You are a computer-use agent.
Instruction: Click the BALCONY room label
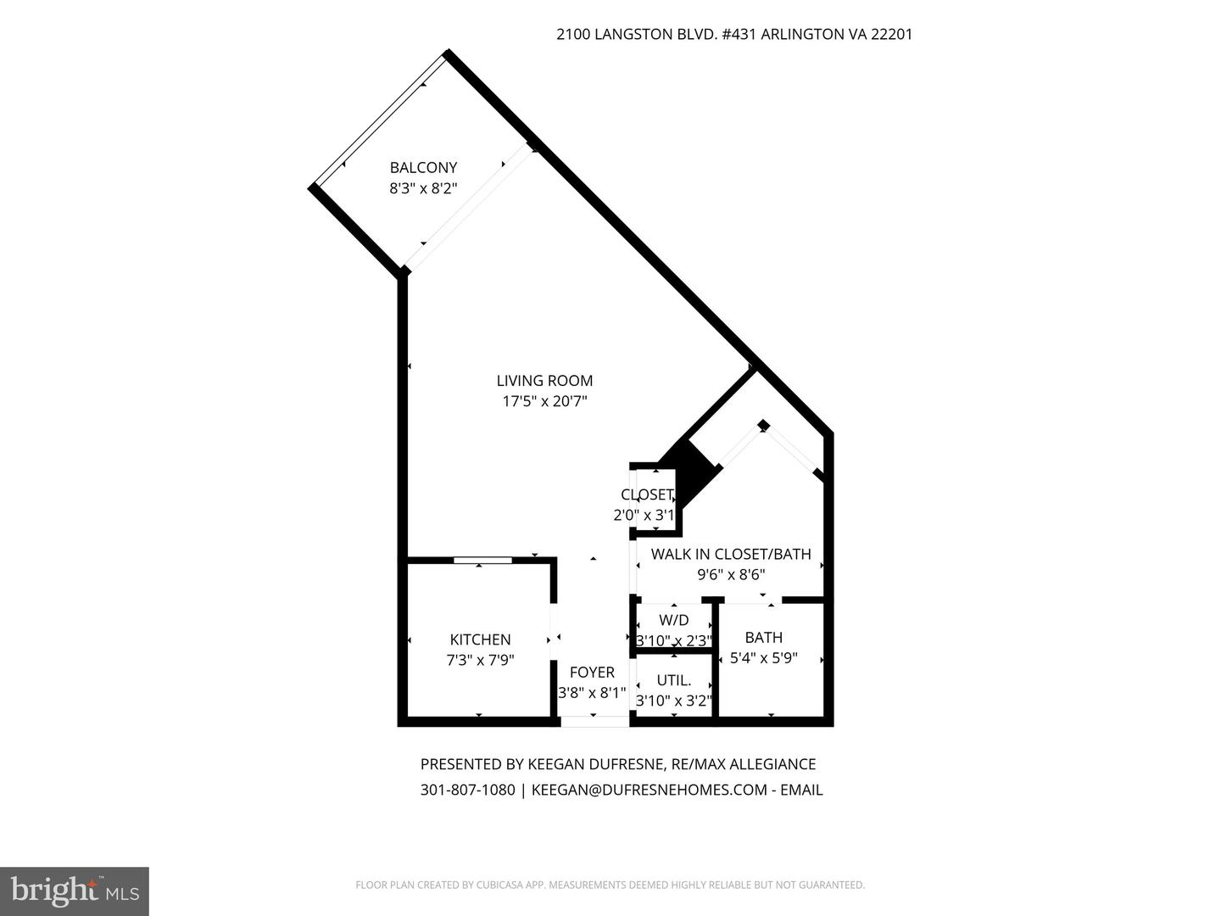[423, 167]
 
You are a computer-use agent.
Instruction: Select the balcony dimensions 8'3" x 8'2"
[423, 188]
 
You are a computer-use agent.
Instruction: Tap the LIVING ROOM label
[544, 381]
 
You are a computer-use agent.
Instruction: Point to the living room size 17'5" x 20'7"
[544, 401]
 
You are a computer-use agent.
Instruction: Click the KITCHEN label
[480, 640]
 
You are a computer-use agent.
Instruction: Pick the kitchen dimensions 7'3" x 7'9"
[480, 659]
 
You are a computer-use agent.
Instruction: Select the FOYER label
[592, 673]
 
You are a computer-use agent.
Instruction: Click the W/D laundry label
[673, 620]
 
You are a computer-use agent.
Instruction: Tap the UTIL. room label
[674, 680]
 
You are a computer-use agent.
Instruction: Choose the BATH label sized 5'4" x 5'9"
[763, 637]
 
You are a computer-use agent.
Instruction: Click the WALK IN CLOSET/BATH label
[731, 554]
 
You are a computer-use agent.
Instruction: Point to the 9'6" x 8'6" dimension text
[731, 574]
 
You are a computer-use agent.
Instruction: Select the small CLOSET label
[647, 494]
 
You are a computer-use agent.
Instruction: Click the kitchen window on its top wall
[482, 560]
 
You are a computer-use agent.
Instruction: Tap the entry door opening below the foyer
[594, 722]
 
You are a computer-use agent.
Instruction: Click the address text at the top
[733, 35]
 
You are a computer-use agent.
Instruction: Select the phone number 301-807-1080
[467, 790]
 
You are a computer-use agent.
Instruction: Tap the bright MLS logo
[75, 891]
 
